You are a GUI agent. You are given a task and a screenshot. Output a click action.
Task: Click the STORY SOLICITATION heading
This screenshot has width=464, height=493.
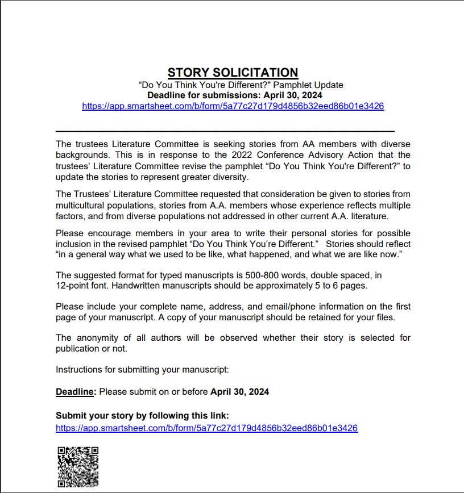point(233,73)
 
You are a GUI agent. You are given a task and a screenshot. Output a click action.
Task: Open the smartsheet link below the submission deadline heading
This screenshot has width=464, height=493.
point(233,106)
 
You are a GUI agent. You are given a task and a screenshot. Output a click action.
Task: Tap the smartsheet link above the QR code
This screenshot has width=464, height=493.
point(206,428)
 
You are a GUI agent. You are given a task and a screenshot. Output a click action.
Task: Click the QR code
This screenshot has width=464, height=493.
point(78,466)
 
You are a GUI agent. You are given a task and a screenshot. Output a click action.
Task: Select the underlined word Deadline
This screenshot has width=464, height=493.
point(74,392)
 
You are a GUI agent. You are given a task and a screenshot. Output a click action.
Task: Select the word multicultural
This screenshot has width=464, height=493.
point(83,205)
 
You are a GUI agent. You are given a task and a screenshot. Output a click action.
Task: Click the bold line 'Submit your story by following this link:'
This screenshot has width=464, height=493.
point(142,415)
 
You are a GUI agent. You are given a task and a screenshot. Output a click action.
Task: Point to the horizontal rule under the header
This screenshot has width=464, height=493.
point(225,131)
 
